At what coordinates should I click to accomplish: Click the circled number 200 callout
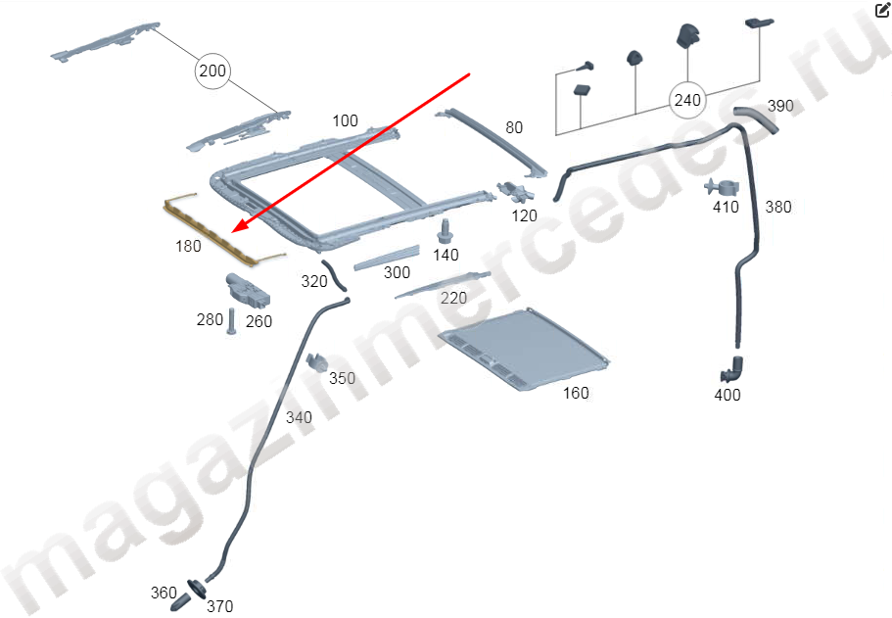(x=211, y=71)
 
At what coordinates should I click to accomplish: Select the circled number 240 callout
(x=687, y=99)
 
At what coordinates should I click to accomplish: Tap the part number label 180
(x=188, y=246)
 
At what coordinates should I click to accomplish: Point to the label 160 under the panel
(x=576, y=393)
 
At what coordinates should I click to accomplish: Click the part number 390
(x=779, y=105)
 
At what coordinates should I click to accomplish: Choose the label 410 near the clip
(x=725, y=207)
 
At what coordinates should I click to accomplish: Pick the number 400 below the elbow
(x=728, y=395)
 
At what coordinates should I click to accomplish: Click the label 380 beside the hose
(x=777, y=207)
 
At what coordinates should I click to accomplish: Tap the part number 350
(x=342, y=378)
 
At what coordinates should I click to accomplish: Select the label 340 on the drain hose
(x=299, y=417)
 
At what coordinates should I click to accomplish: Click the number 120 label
(x=525, y=215)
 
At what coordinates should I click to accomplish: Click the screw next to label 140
(x=446, y=232)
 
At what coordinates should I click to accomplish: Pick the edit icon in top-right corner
(x=881, y=10)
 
